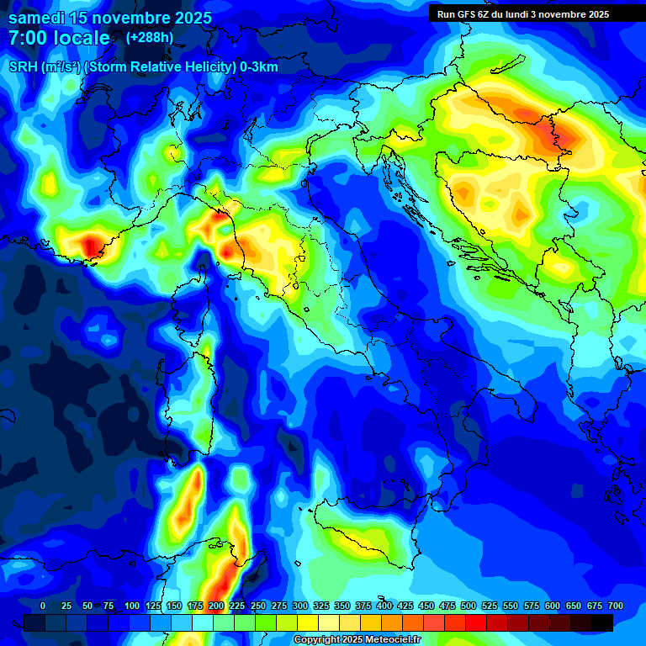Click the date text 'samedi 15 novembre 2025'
click(110, 18)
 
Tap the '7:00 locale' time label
click(59, 38)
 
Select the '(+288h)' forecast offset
click(149, 38)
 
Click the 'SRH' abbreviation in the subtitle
click(23, 67)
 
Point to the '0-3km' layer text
click(258, 67)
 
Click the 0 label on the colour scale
click(43, 606)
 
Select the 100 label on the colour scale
click(132, 606)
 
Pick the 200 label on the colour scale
click(216, 606)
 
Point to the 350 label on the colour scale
click(342, 606)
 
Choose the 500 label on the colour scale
click(469, 606)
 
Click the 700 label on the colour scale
click(616, 606)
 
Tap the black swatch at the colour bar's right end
click(602, 622)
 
